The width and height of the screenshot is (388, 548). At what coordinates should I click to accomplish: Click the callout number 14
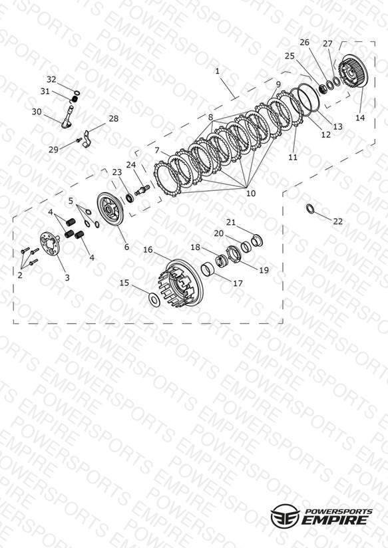pyautogui.click(x=360, y=118)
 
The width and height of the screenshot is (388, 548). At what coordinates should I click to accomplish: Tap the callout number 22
pyautogui.click(x=337, y=221)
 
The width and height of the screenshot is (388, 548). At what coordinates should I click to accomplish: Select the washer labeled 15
pyautogui.click(x=154, y=299)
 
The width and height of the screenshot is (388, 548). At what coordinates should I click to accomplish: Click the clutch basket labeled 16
pyautogui.click(x=181, y=283)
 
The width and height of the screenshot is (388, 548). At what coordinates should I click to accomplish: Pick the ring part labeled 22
pyautogui.click(x=310, y=209)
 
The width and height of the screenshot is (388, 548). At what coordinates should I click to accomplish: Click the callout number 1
pyautogui.click(x=217, y=71)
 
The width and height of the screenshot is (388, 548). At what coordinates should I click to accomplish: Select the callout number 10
pyautogui.click(x=251, y=194)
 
